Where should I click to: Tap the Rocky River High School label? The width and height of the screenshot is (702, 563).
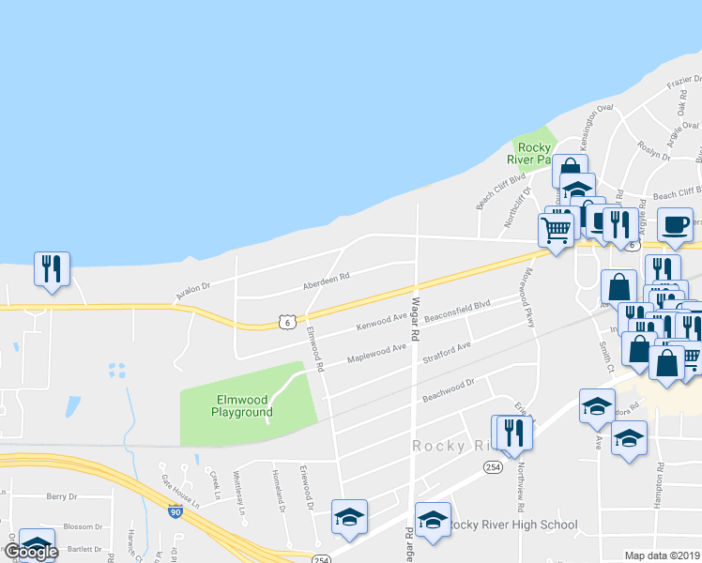(511, 525)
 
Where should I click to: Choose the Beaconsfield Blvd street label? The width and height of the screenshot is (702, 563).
(458, 311)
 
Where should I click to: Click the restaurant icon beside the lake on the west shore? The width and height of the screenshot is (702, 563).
(50, 267)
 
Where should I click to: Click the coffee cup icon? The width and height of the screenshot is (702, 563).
(675, 225)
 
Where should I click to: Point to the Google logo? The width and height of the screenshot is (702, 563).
(30, 552)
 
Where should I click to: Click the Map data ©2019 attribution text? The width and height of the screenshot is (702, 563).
(663, 555)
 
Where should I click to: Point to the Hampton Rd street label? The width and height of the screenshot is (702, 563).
(661, 480)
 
